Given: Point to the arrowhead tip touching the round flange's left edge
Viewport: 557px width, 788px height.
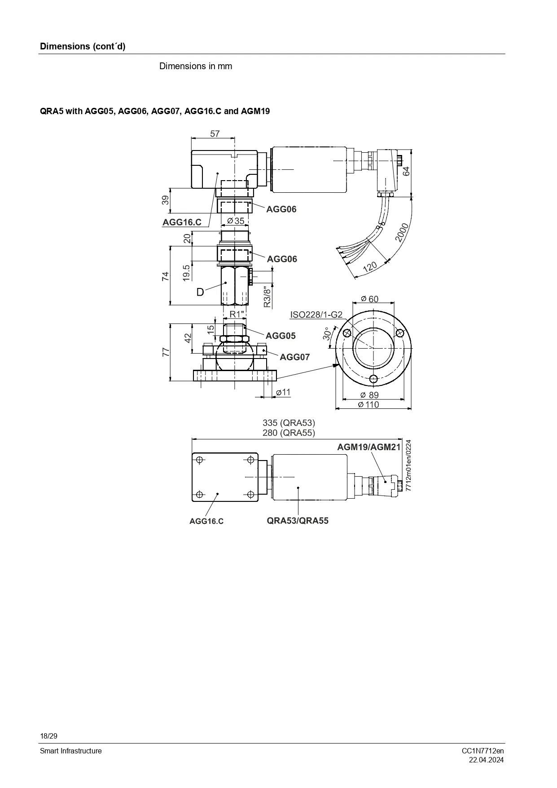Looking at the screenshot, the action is pyautogui.click(x=339, y=365).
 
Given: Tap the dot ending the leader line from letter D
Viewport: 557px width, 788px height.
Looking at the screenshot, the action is pyautogui.click(x=226, y=283).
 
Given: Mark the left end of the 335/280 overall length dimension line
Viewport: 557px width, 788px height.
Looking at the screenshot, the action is pyautogui.click(x=192, y=439).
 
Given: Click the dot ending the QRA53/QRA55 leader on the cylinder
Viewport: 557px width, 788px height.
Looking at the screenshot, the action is pyautogui.click(x=298, y=487).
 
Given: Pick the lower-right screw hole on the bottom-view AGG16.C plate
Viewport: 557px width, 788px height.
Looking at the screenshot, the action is pyautogui.click(x=251, y=494).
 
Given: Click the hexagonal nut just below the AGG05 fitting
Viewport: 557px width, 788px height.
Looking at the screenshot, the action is pyautogui.click(x=234, y=338).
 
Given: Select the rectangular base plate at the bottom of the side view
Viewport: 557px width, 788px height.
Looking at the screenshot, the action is pyautogui.click(x=235, y=376).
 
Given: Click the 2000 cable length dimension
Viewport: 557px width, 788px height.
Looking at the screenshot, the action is pyautogui.click(x=402, y=232).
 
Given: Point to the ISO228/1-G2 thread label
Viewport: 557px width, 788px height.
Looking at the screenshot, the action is pyautogui.click(x=316, y=314).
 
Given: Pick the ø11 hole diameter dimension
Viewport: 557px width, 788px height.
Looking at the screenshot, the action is pyautogui.click(x=283, y=392).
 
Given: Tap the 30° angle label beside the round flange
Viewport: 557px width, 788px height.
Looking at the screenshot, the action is pyautogui.click(x=327, y=333).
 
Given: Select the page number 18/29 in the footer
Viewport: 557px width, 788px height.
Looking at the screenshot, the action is pyautogui.click(x=49, y=736).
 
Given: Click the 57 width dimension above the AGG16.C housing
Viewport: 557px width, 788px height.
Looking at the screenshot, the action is pyautogui.click(x=215, y=133).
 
